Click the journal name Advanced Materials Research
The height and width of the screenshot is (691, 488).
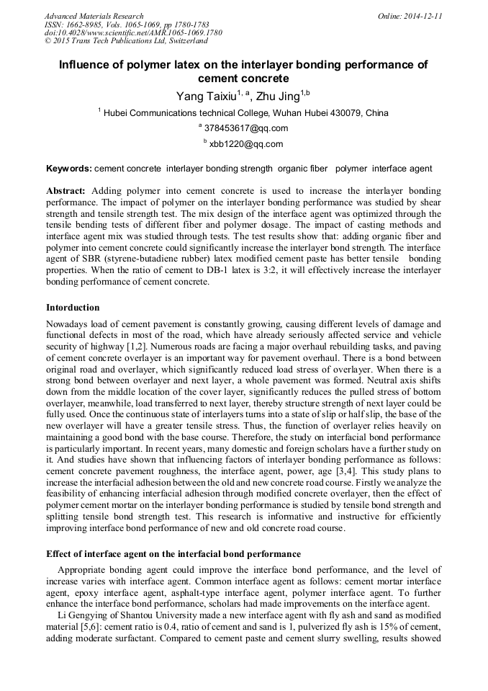[94, 16]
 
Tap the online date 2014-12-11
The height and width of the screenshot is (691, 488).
[423, 16]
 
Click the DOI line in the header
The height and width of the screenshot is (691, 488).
[133, 33]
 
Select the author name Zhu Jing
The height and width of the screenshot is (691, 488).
[277, 96]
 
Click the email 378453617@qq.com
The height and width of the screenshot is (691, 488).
[247, 128]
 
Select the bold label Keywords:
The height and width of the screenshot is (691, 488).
[68, 169]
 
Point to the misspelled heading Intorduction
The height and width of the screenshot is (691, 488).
[73, 308]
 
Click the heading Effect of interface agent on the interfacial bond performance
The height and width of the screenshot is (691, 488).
[173, 554]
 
